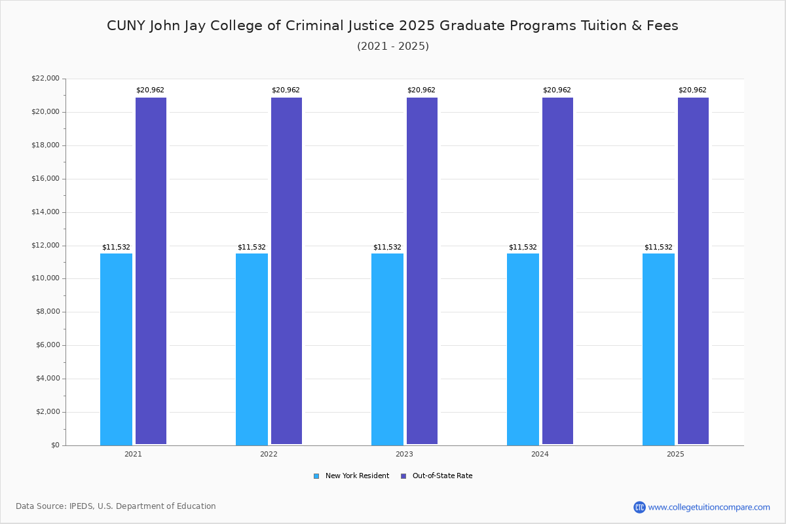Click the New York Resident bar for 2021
click(x=116, y=349)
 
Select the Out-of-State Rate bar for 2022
click(x=286, y=271)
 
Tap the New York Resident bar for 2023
click(x=387, y=349)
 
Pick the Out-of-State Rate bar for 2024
click(x=557, y=271)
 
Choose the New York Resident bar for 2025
click(x=658, y=349)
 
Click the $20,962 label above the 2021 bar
click(x=150, y=90)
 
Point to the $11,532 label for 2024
click(x=523, y=248)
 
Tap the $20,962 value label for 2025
click(x=692, y=90)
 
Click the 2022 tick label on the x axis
click(x=269, y=454)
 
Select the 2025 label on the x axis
click(x=675, y=454)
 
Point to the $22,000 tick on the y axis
click(x=45, y=79)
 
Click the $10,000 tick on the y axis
click(x=45, y=278)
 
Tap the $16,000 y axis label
click(x=45, y=179)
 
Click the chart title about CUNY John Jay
click(x=392, y=26)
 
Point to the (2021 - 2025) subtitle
click(x=392, y=47)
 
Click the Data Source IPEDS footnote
click(x=116, y=506)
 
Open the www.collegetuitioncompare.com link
click(x=709, y=507)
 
